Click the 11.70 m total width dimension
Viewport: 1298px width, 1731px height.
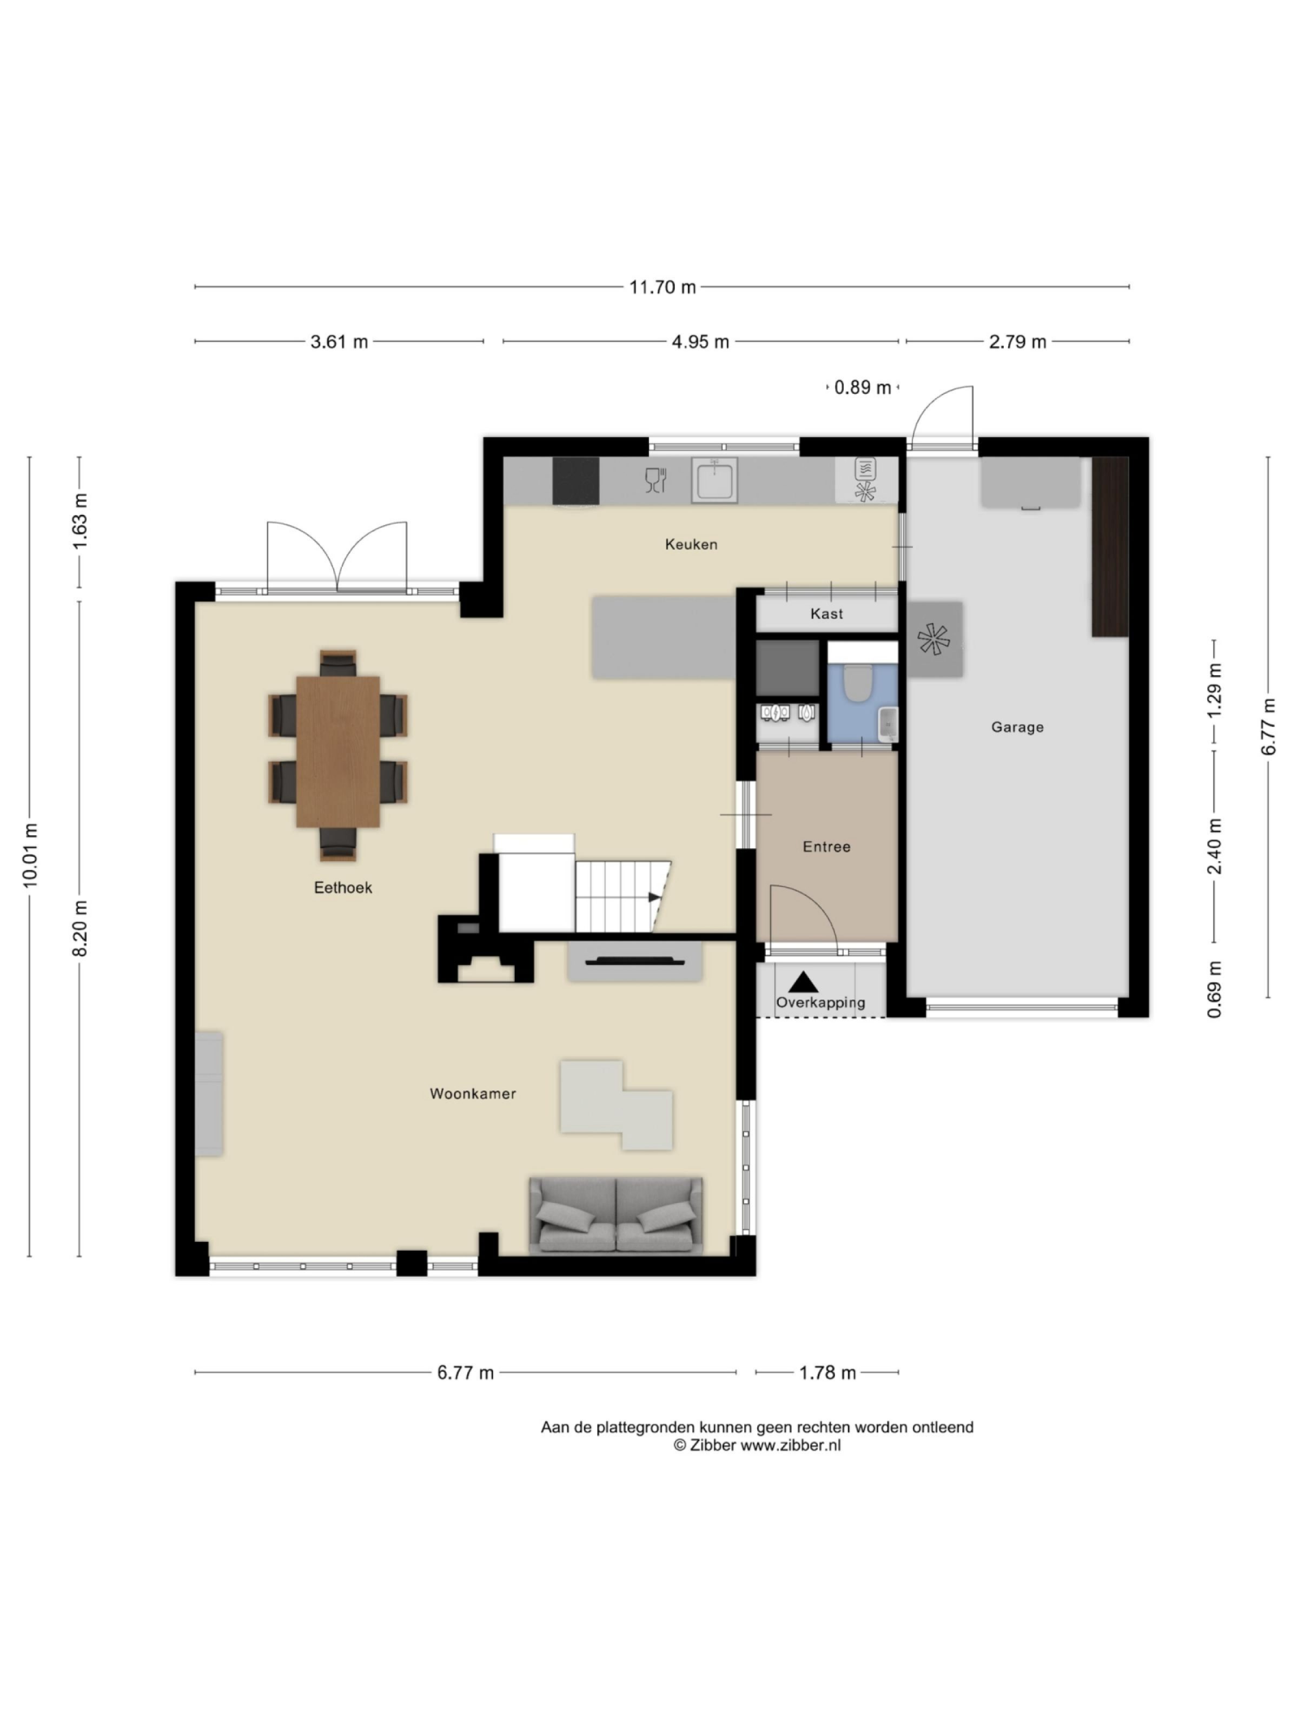(662, 286)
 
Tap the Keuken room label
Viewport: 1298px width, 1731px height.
(691, 544)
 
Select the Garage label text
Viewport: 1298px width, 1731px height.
(1016, 727)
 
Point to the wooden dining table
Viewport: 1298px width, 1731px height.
(337, 751)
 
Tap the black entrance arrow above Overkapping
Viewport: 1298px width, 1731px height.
(803, 982)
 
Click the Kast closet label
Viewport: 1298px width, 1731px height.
(826, 613)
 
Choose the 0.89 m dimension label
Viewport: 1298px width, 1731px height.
(862, 387)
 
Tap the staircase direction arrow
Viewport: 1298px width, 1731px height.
(653, 897)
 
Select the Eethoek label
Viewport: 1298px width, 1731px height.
(343, 888)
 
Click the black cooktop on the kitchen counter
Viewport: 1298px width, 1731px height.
(575, 480)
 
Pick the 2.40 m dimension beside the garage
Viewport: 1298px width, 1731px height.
(1214, 847)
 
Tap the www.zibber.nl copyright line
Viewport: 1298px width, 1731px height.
(757, 1445)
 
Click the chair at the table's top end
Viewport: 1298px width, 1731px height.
(337, 664)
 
